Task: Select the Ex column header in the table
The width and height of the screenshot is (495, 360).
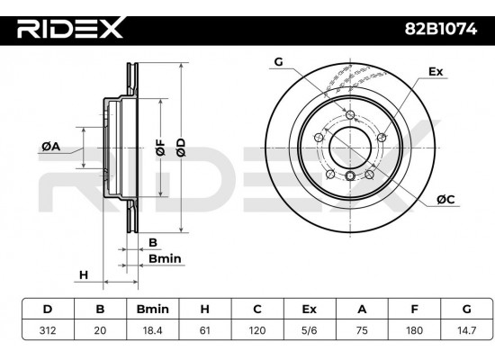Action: coord(310,309)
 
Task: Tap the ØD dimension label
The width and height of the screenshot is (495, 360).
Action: coord(181,149)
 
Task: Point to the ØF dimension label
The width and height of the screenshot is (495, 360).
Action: coord(160,149)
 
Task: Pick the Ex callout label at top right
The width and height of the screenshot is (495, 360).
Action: coord(436,69)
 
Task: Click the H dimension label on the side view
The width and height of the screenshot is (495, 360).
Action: coord(84,274)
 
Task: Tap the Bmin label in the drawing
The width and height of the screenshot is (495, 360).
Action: coord(165,258)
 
